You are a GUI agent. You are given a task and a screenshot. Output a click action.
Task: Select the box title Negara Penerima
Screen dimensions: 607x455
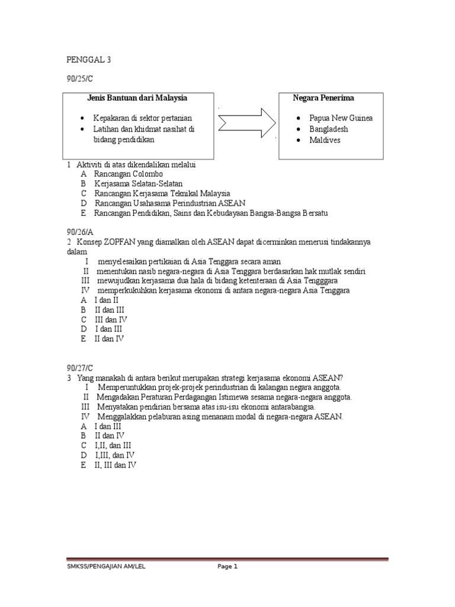[x=323, y=98]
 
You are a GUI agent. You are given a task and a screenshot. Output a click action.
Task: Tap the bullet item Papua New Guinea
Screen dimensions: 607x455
[x=341, y=118]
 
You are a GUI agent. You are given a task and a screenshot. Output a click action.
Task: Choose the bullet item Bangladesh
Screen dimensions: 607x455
[x=329, y=129]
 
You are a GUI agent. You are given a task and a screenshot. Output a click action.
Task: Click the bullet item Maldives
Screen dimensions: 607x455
[x=325, y=140]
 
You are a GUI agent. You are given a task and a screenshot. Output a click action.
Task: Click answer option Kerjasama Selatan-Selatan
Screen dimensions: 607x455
[x=139, y=184]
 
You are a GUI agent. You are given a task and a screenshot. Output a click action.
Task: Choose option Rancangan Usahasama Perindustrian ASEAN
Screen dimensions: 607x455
[x=169, y=203]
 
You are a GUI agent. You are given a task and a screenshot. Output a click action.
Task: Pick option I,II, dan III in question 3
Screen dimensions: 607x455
[x=113, y=445]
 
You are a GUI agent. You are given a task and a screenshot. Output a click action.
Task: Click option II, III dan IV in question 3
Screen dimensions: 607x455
[x=115, y=465]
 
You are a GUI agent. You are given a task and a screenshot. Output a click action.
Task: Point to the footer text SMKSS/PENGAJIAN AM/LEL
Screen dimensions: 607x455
[x=105, y=567]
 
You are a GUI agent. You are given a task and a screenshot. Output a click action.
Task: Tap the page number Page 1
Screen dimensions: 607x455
[x=227, y=567]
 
